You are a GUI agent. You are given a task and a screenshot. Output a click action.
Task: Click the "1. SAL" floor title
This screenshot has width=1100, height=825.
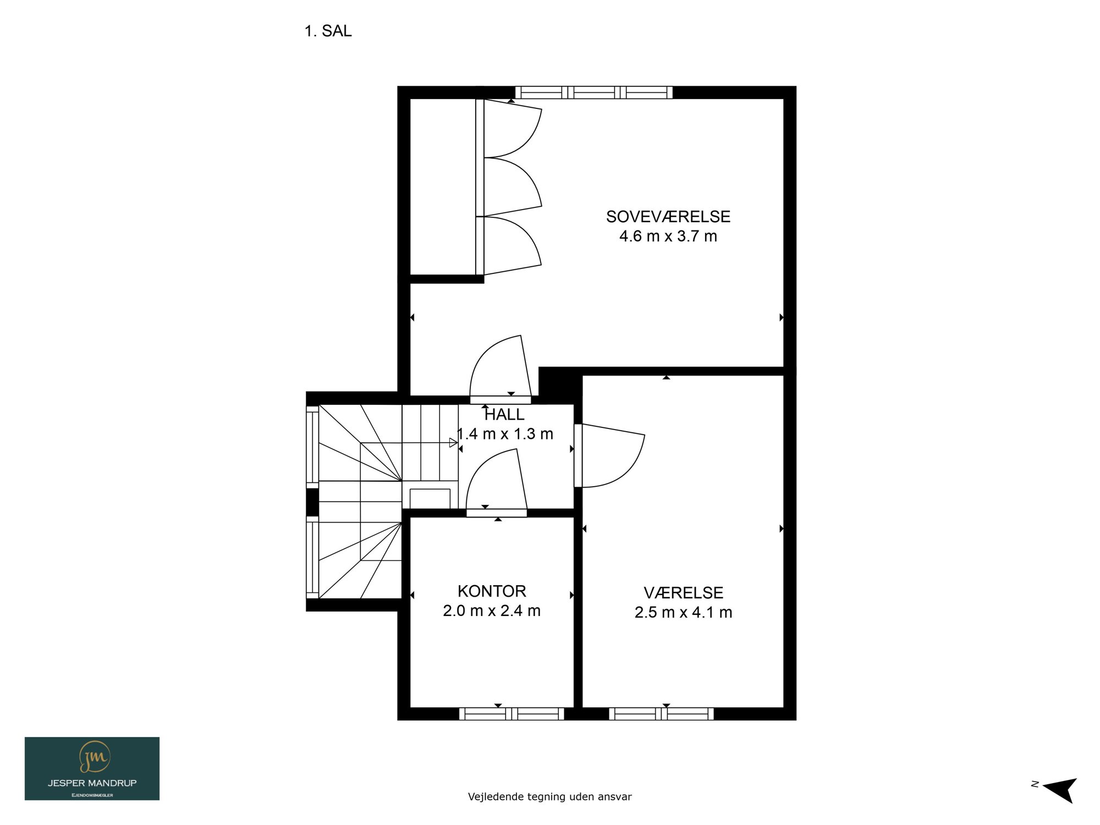pyautogui.click(x=328, y=31)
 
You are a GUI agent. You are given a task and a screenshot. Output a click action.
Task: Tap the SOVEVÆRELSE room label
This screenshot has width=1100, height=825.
pyautogui.click(x=668, y=217)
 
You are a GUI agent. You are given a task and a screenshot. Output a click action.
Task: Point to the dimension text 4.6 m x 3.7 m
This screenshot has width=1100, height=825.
pyautogui.click(x=668, y=237)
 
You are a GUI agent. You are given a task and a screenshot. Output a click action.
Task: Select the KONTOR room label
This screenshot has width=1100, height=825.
pyautogui.click(x=492, y=591)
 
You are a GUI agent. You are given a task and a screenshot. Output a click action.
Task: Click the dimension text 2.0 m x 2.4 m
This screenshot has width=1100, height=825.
pyautogui.click(x=492, y=611)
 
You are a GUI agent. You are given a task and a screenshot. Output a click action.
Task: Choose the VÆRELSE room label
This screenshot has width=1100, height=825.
pyautogui.click(x=684, y=593)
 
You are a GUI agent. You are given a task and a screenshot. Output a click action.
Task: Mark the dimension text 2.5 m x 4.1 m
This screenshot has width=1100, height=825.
pyautogui.click(x=684, y=613)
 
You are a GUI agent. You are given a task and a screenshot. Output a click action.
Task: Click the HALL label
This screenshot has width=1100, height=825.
pyautogui.click(x=504, y=415)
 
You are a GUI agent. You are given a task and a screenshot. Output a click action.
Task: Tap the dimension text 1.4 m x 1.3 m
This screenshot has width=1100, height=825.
pyautogui.click(x=505, y=434)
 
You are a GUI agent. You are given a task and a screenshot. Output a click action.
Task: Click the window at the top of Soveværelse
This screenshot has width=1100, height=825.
pyautogui.click(x=594, y=92)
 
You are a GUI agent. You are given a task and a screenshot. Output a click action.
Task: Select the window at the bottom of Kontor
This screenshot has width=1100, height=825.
pyautogui.click(x=512, y=714)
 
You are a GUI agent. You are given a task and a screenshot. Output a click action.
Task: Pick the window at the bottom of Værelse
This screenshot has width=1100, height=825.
pyautogui.click(x=661, y=714)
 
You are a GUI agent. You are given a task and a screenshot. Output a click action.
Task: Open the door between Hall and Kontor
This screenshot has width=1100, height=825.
pyautogui.click(x=497, y=483)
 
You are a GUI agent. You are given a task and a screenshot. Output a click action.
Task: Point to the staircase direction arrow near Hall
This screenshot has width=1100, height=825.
pyautogui.click(x=453, y=442)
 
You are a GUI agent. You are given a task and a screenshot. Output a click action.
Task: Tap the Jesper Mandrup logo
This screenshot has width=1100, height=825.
pyautogui.click(x=92, y=768)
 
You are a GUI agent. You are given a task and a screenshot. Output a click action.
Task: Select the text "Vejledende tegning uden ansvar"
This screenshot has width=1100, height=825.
pyautogui.click(x=550, y=796)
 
